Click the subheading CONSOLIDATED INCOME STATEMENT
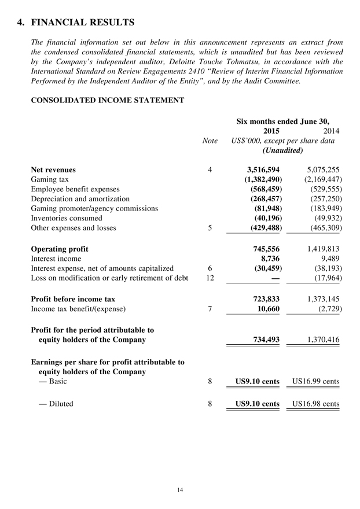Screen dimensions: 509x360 (107, 101)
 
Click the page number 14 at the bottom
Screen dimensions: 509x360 (180, 490)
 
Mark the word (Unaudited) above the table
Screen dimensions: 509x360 (282, 150)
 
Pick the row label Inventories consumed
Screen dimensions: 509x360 (66, 218)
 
